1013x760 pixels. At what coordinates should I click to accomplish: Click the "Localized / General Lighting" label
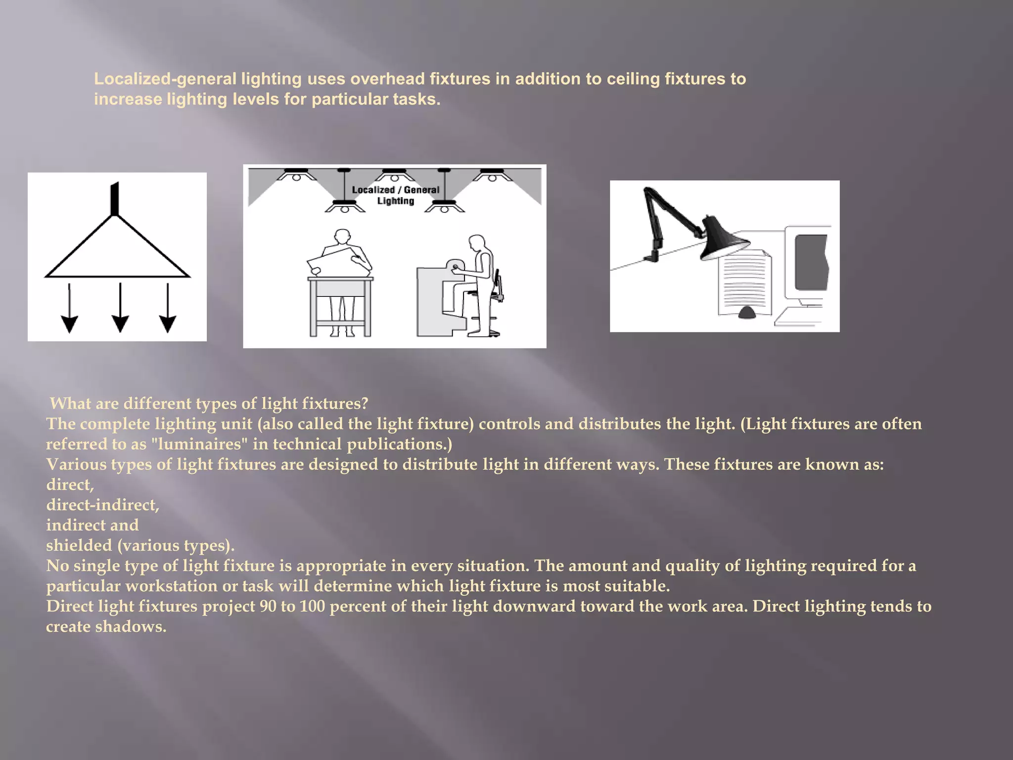[x=395, y=195]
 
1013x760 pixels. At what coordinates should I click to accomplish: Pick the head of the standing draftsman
[x=342, y=237]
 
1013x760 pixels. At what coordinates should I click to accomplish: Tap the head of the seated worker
[x=476, y=243]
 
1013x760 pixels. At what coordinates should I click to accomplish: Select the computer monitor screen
[x=811, y=262]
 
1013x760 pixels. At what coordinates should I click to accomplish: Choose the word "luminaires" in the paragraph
[x=199, y=444]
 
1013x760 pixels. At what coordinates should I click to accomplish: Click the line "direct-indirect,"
[x=103, y=505]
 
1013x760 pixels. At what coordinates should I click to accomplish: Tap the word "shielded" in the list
[x=79, y=546]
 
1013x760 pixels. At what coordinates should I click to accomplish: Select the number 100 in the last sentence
[x=312, y=607]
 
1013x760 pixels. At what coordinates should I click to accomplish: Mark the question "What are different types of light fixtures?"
[x=209, y=404]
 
